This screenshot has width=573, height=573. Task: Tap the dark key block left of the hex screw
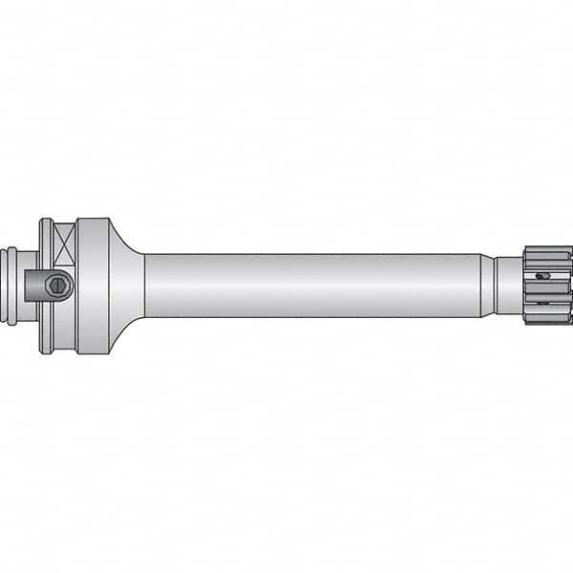click(x=38, y=286)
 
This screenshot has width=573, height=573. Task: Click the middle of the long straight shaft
click(x=315, y=286)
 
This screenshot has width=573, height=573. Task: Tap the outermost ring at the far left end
click(x=10, y=286)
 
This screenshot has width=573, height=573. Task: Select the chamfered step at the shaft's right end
click(x=486, y=286)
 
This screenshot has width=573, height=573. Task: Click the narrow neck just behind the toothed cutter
click(x=508, y=286)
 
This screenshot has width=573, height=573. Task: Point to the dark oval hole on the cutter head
click(x=543, y=276)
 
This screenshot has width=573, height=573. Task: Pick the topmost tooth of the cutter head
click(x=548, y=250)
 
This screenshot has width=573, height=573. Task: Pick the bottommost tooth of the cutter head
click(x=548, y=320)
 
